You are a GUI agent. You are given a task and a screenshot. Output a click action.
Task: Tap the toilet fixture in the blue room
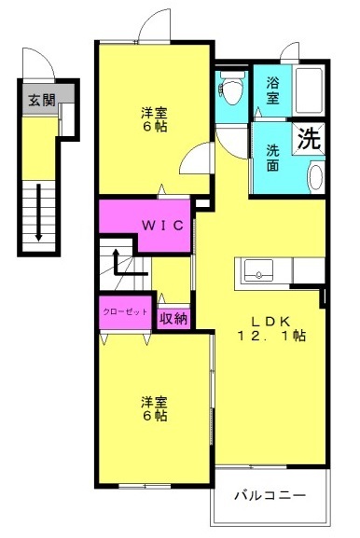pos(231,87)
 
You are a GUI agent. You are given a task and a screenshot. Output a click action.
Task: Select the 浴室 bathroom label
pos(273,90)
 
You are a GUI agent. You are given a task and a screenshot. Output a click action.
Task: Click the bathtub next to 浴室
pos(309,90)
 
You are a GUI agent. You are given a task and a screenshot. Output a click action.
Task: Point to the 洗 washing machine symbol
pos(309,138)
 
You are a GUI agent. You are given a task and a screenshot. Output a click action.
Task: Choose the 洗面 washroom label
pos(273,158)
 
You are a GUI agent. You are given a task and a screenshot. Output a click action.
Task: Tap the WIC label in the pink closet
pos(162,226)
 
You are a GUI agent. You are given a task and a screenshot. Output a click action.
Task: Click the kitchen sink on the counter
pos(258,270)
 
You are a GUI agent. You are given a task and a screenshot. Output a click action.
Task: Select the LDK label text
pos(271,322)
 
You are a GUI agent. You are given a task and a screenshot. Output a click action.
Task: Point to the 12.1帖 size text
pos(271,336)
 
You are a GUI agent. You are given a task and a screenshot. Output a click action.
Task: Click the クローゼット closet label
pos(125,311)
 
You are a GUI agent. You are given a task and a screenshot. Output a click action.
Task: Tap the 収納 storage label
pos(173,319)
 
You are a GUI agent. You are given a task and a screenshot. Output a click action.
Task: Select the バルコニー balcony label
pos(270,495)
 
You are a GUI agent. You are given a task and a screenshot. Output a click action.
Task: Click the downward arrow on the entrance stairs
pos(39,213)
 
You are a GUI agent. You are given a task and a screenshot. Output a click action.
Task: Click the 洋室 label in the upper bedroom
pos(155,113)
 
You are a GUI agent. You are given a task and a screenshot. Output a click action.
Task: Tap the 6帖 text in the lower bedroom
pos(155,416)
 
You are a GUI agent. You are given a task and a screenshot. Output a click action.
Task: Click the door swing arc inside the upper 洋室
pos(188,153)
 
